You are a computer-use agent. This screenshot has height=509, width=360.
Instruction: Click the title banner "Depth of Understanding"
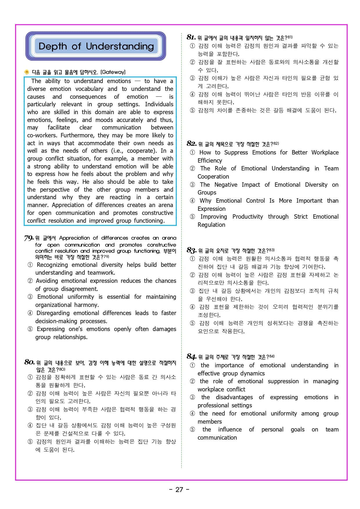(96, 46)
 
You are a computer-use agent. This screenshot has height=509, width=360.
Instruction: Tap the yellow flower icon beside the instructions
(27, 72)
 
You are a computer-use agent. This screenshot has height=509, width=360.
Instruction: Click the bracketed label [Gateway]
(113, 72)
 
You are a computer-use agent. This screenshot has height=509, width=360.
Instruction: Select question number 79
(29, 238)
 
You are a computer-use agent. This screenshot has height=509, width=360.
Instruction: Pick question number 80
(29, 362)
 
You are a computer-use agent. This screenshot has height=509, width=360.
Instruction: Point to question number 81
(191, 37)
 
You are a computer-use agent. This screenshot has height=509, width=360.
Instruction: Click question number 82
(192, 143)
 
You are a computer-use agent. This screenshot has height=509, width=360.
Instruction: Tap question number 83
(192, 250)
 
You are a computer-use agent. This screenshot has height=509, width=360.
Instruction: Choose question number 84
(192, 356)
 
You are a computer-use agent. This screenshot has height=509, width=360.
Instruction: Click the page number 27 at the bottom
(179, 490)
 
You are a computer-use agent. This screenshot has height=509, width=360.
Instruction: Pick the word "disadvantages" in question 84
(234, 397)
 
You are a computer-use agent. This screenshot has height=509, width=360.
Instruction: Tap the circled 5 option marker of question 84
(192, 429)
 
